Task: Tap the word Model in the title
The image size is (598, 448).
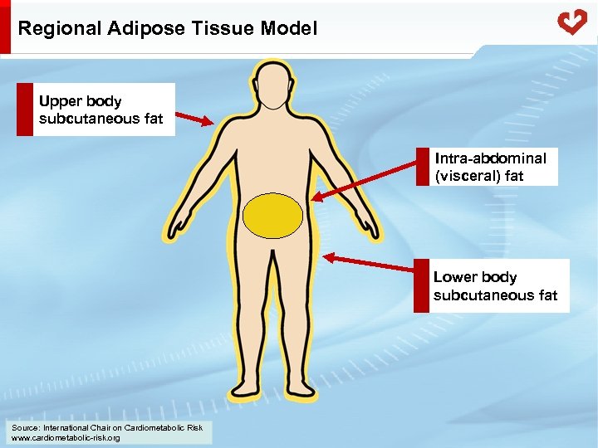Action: (288, 28)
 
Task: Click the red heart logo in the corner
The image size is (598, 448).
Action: (572, 22)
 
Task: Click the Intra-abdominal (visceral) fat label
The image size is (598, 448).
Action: (490, 166)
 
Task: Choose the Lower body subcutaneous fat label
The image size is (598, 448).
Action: (495, 286)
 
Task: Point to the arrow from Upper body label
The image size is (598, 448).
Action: (195, 119)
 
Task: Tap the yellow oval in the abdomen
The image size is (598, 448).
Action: (272, 217)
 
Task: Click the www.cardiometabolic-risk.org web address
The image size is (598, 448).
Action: (66, 437)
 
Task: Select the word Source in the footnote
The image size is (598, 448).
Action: (25, 427)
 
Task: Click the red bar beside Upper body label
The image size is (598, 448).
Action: (24, 110)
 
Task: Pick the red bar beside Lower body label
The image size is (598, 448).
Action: (421, 286)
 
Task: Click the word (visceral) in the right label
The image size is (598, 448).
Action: (462, 176)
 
